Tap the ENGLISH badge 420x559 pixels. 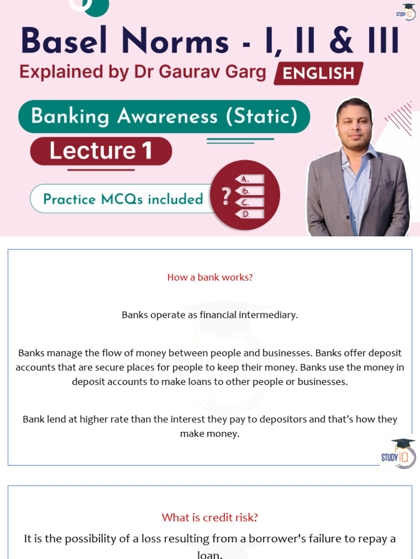[x=318, y=73]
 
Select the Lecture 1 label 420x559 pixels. [x=101, y=151]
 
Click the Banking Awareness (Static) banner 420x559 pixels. [x=164, y=116]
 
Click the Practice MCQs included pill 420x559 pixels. [x=123, y=199]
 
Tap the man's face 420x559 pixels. [x=354, y=124]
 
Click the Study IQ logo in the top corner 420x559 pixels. [x=406, y=12]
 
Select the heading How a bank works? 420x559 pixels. [x=210, y=277]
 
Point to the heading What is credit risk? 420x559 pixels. [x=210, y=518]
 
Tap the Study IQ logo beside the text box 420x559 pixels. [x=399, y=453]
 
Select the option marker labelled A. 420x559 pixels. [x=249, y=179]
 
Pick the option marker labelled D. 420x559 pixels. [x=249, y=214]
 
